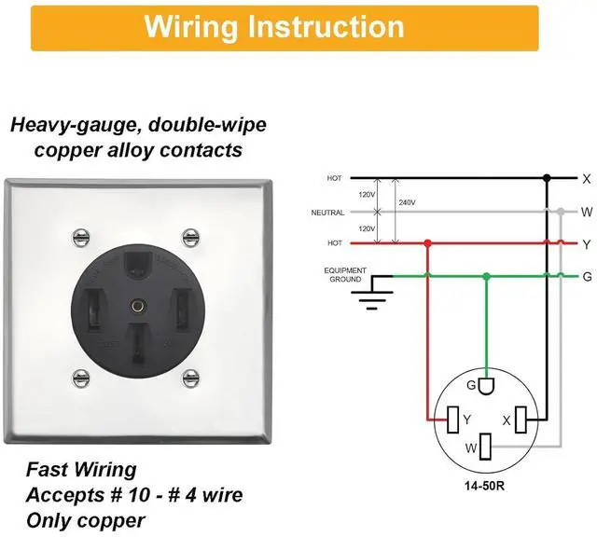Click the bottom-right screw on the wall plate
point(191,378)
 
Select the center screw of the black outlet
point(137,305)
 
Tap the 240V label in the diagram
point(408,201)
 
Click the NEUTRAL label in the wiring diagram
point(328,213)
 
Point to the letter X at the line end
point(587,178)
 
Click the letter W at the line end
point(587,212)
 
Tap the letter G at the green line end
point(587,277)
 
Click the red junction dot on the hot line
point(427,244)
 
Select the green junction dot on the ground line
point(486,276)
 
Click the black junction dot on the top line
point(548,177)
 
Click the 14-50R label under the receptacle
point(484,485)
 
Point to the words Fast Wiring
point(81,470)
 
